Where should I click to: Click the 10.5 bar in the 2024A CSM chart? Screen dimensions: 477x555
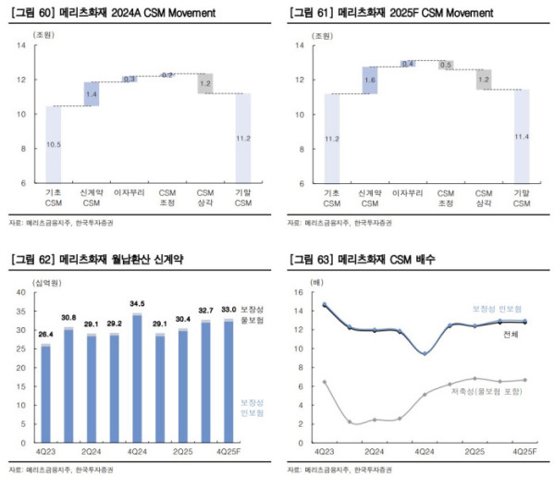pos(54,144)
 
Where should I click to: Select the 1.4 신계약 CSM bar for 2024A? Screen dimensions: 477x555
pos(91,94)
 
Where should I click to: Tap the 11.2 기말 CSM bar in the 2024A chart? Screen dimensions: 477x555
pos(242,138)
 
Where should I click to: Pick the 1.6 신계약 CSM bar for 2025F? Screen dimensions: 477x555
pos(370,80)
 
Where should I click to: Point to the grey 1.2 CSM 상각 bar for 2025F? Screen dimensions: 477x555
pos(484,79)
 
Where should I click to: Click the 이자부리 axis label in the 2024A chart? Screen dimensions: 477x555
pos(129,191)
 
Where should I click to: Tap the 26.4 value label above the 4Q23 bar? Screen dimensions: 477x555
pos(43,335)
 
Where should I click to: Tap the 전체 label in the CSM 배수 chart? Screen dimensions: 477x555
pos(512,334)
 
